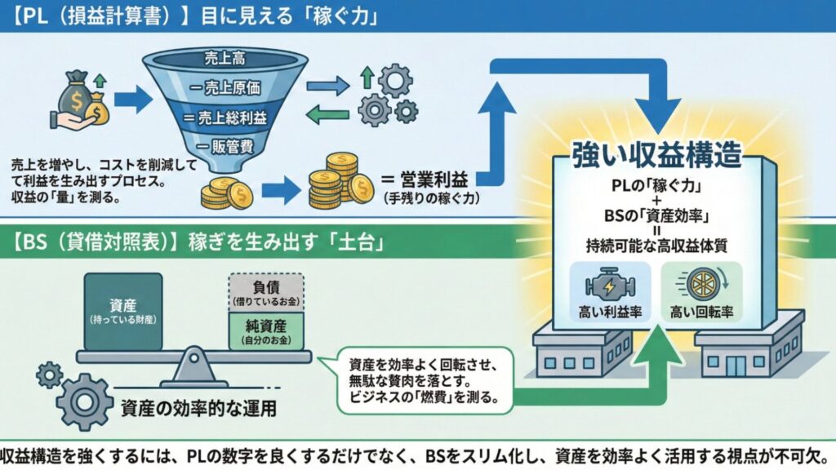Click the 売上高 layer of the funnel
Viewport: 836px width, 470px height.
(224, 59)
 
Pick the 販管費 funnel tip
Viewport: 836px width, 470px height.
(224, 147)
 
